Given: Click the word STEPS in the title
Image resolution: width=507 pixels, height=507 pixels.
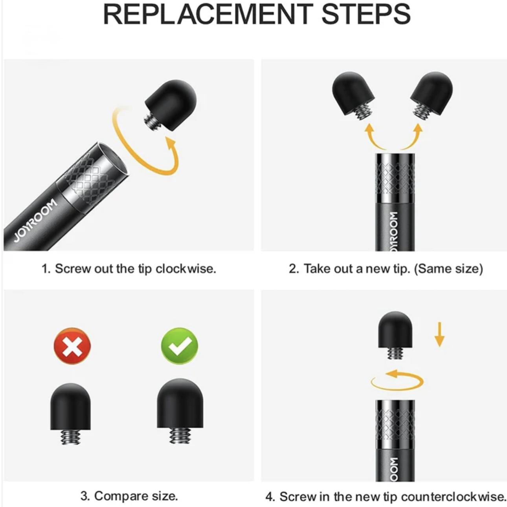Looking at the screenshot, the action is (366, 14).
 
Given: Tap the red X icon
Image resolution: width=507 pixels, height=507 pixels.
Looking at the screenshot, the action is (72, 346).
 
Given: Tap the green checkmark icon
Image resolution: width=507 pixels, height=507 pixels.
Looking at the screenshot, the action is (180, 346).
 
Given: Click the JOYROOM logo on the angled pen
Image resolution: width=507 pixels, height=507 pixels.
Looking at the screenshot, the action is (36, 220).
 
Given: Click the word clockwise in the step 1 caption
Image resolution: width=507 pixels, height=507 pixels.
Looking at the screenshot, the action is (186, 269).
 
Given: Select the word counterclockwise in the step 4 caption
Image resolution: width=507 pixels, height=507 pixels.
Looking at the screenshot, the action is (453, 496).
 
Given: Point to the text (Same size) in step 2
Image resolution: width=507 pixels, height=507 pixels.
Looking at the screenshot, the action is (448, 269).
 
